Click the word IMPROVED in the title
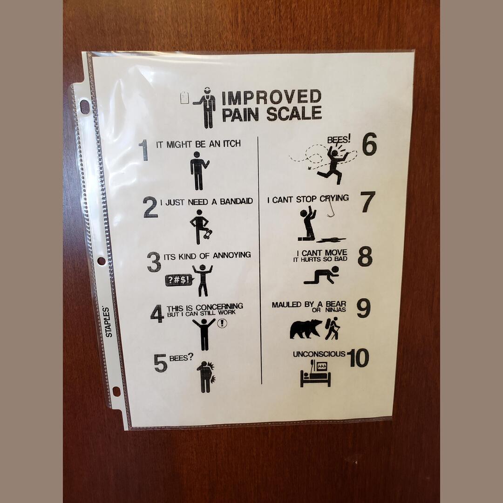point(271,97)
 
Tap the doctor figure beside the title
point(205,108)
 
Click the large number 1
point(143,150)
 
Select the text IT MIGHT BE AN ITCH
point(198,144)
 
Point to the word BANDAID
point(236,202)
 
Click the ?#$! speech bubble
point(178,279)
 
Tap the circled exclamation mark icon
point(222,323)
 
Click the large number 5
point(160,363)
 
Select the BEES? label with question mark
point(181,358)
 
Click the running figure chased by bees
point(333,165)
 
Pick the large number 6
point(369,145)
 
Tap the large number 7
point(367,202)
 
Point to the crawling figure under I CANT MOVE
point(322,275)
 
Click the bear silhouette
point(306,329)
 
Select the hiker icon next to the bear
point(333,328)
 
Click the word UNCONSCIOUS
point(319,354)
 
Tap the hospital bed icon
point(315,374)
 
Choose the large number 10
point(358,358)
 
